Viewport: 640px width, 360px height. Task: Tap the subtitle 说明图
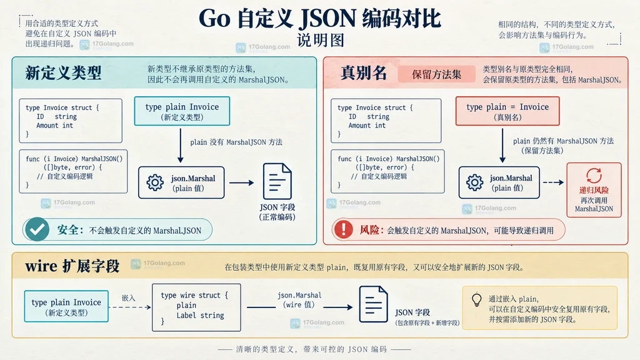[x=321, y=40]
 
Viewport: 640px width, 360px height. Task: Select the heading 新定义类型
[x=63, y=72]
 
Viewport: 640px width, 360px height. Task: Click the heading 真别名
[x=364, y=72]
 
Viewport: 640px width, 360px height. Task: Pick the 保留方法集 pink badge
[x=436, y=74]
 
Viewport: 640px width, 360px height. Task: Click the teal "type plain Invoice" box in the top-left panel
[x=182, y=111]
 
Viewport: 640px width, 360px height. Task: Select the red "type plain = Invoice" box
[x=507, y=111]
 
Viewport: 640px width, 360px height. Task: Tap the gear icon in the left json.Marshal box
[x=155, y=182]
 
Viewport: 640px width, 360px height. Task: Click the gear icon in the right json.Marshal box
[x=475, y=182]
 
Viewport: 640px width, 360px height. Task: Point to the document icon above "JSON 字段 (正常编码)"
[x=277, y=181]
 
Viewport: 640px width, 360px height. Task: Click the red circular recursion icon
[x=594, y=176]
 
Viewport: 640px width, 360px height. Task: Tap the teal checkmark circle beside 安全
[x=37, y=229]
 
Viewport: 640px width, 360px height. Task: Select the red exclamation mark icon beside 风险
[x=344, y=229]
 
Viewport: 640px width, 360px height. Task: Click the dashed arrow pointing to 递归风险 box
[x=554, y=182]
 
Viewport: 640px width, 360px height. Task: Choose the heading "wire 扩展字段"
[x=72, y=266]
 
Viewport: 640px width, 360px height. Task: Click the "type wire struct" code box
[x=196, y=307]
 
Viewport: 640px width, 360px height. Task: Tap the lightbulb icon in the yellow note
[x=477, y=300]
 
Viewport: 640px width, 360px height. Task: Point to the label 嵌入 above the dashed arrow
[x=128, y=298]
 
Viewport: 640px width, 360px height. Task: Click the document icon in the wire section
[x=374, y=304]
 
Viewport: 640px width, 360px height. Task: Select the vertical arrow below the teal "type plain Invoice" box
[x=181, y=146]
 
